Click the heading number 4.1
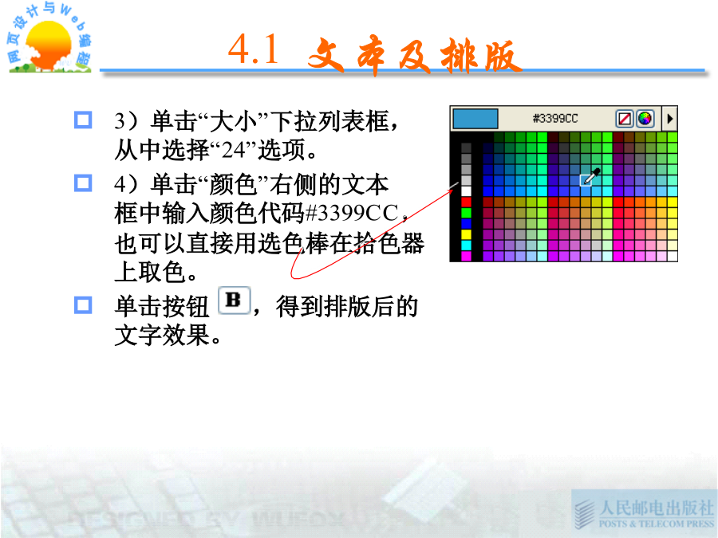tap(253, 49)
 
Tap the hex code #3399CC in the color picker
tap(555, 119)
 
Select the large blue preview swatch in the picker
tap(475, 119)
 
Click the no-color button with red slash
tap(625, 119)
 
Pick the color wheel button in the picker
tap(645, 119)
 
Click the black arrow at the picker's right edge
tap(670, 119)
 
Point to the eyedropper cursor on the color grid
tap(591, 177)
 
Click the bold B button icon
tap(234, 300)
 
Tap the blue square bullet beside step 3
tap(83, 120)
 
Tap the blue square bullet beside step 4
tap(83, 183)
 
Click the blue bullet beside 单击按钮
tap(83, 305)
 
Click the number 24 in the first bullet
tap(234, 150)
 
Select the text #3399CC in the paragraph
tap(352, 213)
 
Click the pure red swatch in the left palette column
tap(466, 202)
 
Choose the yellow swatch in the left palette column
tap(466, 234)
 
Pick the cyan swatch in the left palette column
tap(466, 245)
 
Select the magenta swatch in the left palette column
tap(466, 256)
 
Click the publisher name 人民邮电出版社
tap(657, 508)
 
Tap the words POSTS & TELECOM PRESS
tap(657, 524)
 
